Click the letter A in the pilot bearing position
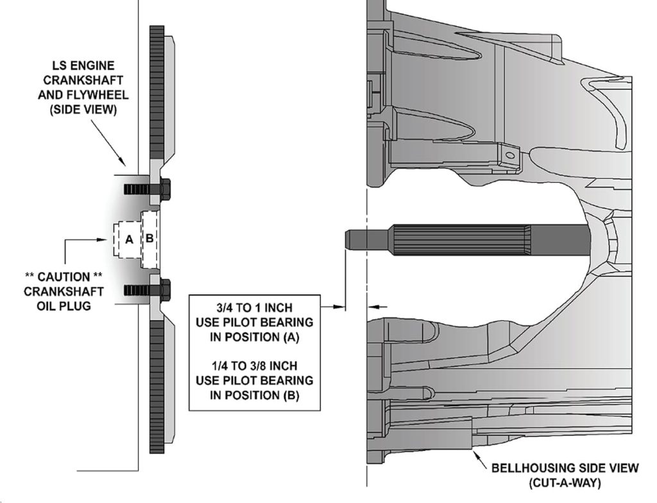tap(128, 239)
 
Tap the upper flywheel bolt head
tap(164, 189)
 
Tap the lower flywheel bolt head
tap(164, 289)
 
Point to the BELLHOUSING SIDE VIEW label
tap(565, 468)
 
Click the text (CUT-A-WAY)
tap(565, 482)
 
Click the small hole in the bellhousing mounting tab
tap(509, 154)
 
